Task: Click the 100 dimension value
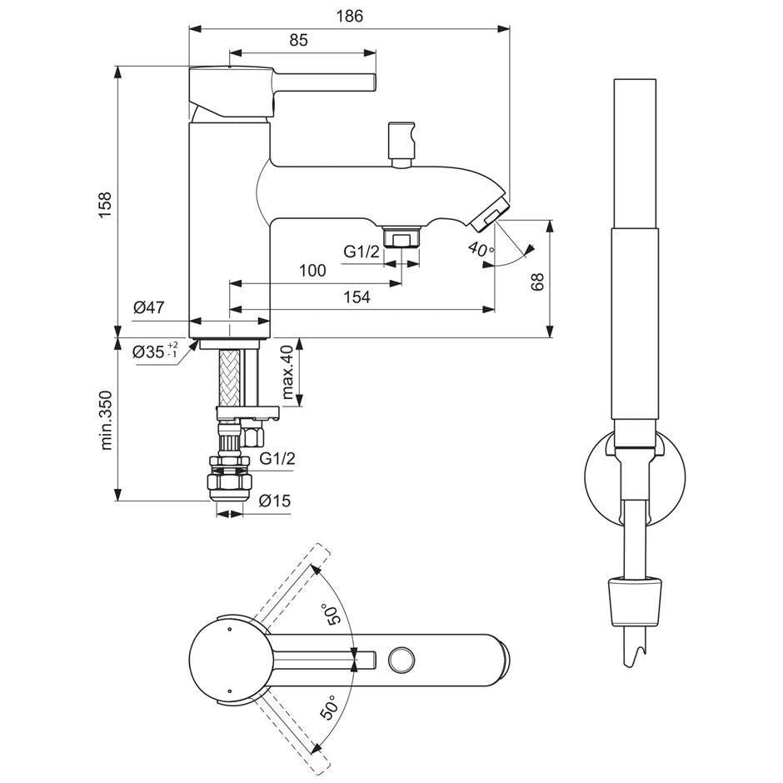(x=312, y=271)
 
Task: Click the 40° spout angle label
(x=481, y=248)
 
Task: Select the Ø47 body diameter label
(x=148, y=307)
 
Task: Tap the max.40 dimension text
(x=287, y=372)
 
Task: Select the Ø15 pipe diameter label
(x=273, y=501)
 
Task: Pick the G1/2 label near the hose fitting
(x=275, y=458)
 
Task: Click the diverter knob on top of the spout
(x=401, y=142)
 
